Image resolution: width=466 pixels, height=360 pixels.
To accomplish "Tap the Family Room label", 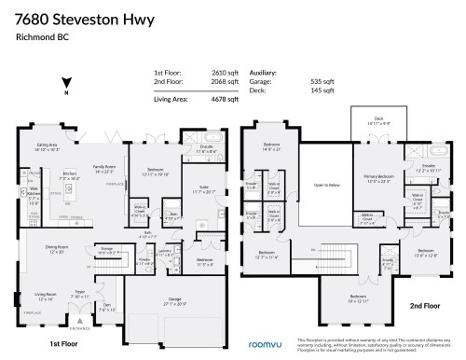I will point(103,169).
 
